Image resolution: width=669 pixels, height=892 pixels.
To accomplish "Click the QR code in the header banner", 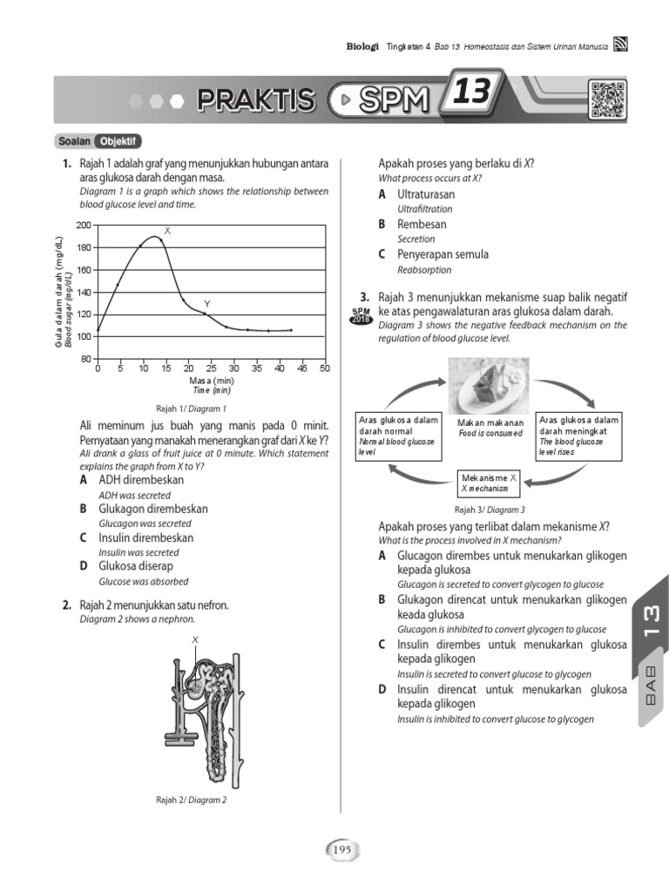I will (608, 98).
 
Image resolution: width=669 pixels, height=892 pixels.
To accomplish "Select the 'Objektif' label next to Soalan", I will (119, 141).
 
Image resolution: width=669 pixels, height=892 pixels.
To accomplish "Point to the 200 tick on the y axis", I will (84, 226).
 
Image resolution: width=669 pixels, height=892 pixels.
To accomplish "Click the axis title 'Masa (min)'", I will (211, 381).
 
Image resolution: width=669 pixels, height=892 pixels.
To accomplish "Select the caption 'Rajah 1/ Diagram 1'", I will (191, 408).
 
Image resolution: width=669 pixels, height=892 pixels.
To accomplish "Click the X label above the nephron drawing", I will (195, 640).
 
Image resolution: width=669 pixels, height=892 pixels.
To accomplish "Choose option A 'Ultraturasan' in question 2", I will (425, 194).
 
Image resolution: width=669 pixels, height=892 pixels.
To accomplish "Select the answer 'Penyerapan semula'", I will (443, 254).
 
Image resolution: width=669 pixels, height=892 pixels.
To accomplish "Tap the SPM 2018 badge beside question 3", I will (361, 315).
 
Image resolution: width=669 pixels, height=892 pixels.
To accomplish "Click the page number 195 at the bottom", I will (341, 849).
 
